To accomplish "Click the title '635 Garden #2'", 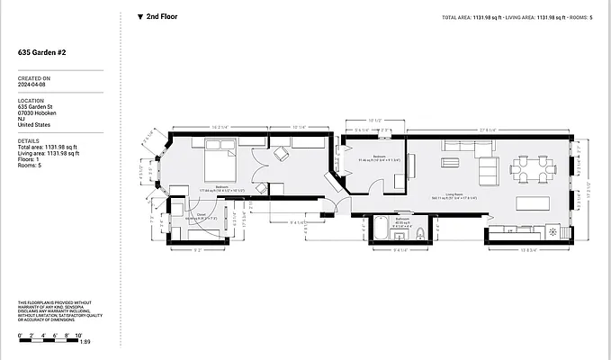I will tap(41, 53).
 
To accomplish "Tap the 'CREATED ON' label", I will tap(34, 78).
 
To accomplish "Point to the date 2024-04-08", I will tap(34, 85).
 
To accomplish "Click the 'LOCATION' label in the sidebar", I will tap(31, 101).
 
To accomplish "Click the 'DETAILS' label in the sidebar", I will tap(29, 140).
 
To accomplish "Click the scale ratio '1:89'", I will tap(85, 342).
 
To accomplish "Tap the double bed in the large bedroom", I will tap(220, 164).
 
